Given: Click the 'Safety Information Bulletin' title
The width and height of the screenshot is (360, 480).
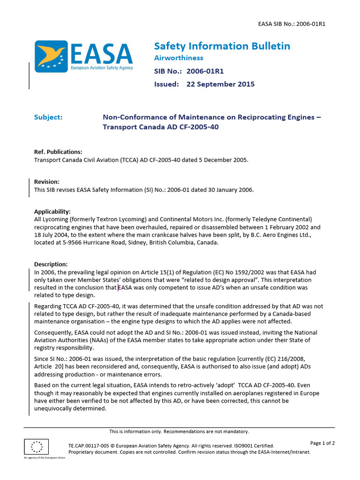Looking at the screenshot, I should point(222,46).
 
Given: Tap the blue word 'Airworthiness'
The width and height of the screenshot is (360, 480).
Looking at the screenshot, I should point(179,58).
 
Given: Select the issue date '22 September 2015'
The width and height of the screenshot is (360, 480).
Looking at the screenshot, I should point(220,84).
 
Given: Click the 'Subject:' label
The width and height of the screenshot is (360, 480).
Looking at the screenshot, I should point(48,117).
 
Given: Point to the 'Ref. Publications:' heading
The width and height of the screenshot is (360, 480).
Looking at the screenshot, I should point(58,152).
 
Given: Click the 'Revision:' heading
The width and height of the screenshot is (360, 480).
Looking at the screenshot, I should point(47,182).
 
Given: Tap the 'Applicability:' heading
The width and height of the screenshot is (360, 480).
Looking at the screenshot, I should point(52,212).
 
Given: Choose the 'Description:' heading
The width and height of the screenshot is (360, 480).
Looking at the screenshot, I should point(51,264).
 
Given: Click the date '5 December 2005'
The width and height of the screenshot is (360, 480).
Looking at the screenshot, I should point(223,160).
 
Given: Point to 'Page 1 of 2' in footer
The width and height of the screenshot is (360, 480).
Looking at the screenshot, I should point(322,443).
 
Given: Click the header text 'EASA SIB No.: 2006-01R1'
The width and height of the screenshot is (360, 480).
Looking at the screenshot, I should point(292,23).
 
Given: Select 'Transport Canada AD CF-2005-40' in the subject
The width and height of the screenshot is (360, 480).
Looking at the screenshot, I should point(161,127).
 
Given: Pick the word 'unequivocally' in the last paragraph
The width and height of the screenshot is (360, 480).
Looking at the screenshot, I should point(55,408).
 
